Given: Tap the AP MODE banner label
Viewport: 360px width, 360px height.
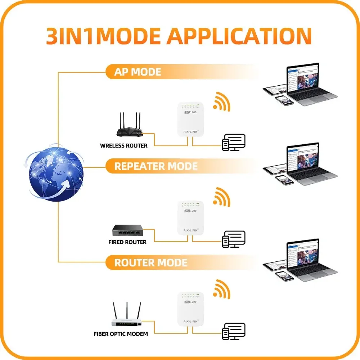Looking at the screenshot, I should [x=138, y=72].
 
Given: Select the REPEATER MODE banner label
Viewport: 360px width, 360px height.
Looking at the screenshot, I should [x=156, y=166].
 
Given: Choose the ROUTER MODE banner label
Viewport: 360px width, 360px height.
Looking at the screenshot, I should [x=150, y=262].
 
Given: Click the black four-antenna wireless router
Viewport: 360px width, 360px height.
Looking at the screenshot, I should [x=129, y=126].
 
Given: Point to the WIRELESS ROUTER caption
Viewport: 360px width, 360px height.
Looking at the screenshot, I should [x=124, y=146].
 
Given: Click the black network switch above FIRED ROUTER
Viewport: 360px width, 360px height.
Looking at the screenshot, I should [x=128, y=230].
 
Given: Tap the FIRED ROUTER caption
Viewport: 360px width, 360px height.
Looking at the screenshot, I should [x=127, y=242].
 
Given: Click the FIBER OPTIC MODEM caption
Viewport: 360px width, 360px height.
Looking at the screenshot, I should [x=121, y=334].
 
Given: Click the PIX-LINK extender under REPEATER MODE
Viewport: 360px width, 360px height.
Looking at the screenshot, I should [x=190, y=217].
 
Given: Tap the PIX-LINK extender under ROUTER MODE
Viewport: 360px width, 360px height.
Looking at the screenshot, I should [x=190, y=309].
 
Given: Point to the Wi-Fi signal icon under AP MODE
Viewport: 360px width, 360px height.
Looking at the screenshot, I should [x=221, y=102].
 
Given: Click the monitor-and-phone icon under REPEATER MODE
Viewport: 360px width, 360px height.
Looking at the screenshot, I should [x=234, y=239].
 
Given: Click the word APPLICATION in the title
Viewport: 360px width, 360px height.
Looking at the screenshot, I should [x=239, y=35].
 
